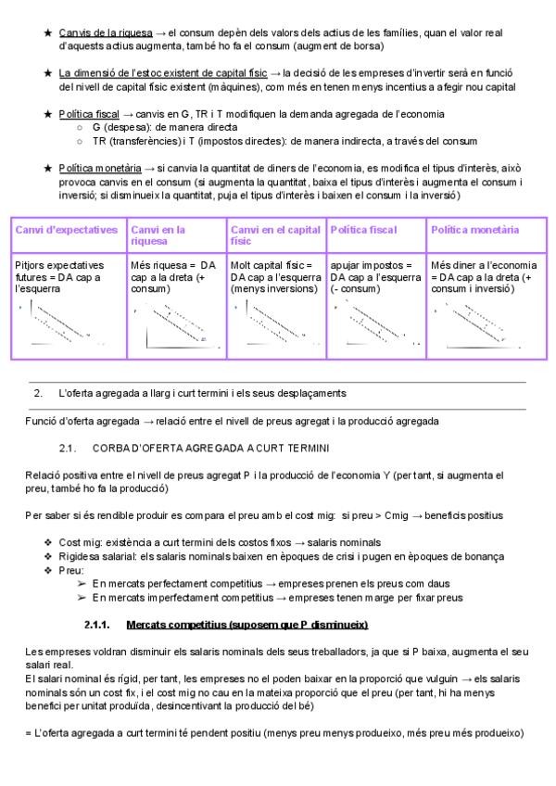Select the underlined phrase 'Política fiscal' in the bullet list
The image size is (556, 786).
pyautogui.click(x=89, y=114)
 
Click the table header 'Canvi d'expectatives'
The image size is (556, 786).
pyautogui.click(x=67, y=230)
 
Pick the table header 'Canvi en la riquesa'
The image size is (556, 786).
pyautogui.click(x=158, y=235)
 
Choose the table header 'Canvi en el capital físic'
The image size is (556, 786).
pyautogui.click(x=275, y=235)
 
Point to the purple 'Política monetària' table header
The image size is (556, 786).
pyautogui.click(x=474, y=230)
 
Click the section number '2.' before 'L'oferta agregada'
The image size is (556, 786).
pyautogui.click(x=38, y=394)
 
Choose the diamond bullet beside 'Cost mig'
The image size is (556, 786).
pyautogui.click(x=48, y=542)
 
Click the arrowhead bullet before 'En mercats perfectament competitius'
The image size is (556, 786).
pyautogui.click(x=82, y=584)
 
